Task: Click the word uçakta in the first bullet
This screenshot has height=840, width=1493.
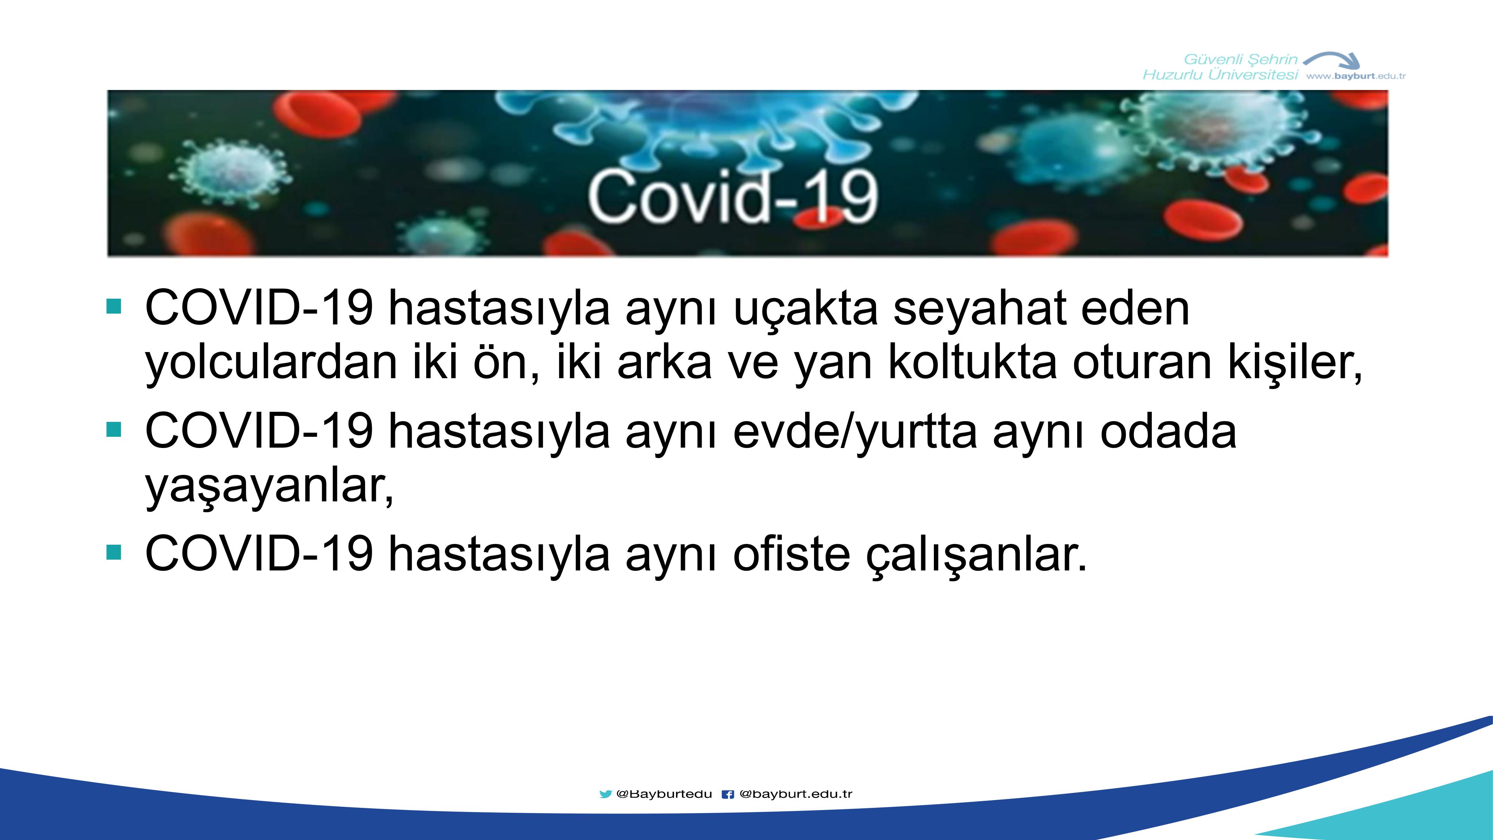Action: (x=805, y=309)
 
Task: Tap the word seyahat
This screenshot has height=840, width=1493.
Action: (x=979, y=309)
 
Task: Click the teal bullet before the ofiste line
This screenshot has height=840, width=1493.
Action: (x=114, y=553)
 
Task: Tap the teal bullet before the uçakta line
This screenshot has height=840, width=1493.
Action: (x=114, y=306)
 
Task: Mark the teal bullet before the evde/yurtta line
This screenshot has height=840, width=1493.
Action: (x=114, y=430)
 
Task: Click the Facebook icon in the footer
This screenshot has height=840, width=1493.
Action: (x=728, y=794)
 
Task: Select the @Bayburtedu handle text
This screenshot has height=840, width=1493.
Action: (x=664, y=794)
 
